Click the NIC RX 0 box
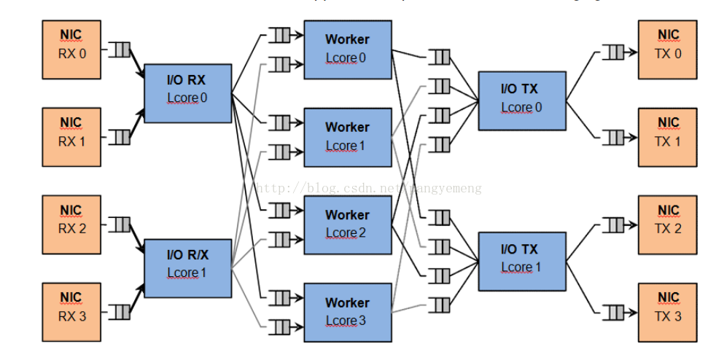coord(71,50)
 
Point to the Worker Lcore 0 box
coord(348,50)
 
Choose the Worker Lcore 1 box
coord(348,137)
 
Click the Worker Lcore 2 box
coord(348,224)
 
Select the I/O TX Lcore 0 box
coord(522,101)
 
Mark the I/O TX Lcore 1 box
coord(522,261)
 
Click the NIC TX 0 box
coord(668,50)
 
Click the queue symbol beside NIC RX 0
coord(120,50)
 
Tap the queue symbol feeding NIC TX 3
coord(613,313)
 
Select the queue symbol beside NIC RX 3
coord(120,313)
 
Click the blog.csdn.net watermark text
coord(369,188)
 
